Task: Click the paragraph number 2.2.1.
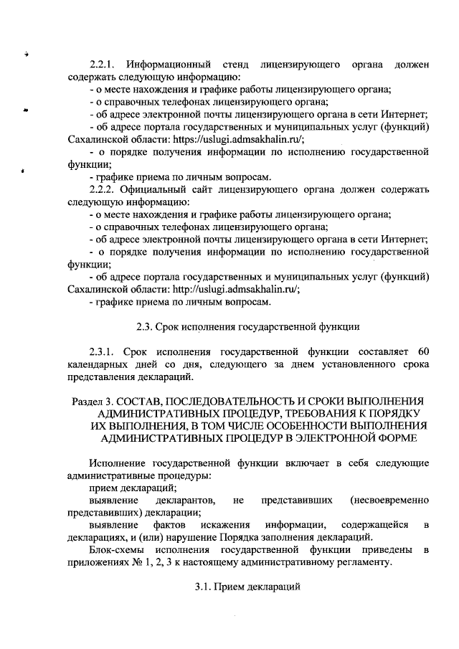point(103,65)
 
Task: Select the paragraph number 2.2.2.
point(103,189)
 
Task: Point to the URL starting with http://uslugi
point(236,289)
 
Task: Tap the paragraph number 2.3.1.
point(103,351)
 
